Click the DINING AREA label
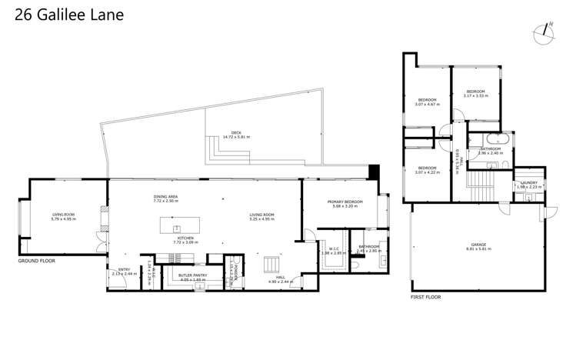tap(165, 196)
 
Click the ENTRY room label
tap(124, 270)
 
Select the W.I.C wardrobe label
tap(333, 248)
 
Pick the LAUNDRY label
tap(529, 182)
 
